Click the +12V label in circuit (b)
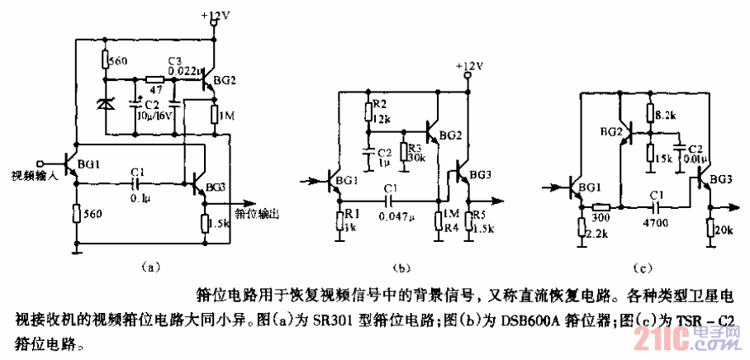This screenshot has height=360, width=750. [x=469, y=65]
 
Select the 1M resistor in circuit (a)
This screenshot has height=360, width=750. [x=213, y=114]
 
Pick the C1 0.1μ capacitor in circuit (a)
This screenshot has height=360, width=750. [x=137, y=182]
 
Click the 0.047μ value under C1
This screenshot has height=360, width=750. [x=399, y=216]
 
